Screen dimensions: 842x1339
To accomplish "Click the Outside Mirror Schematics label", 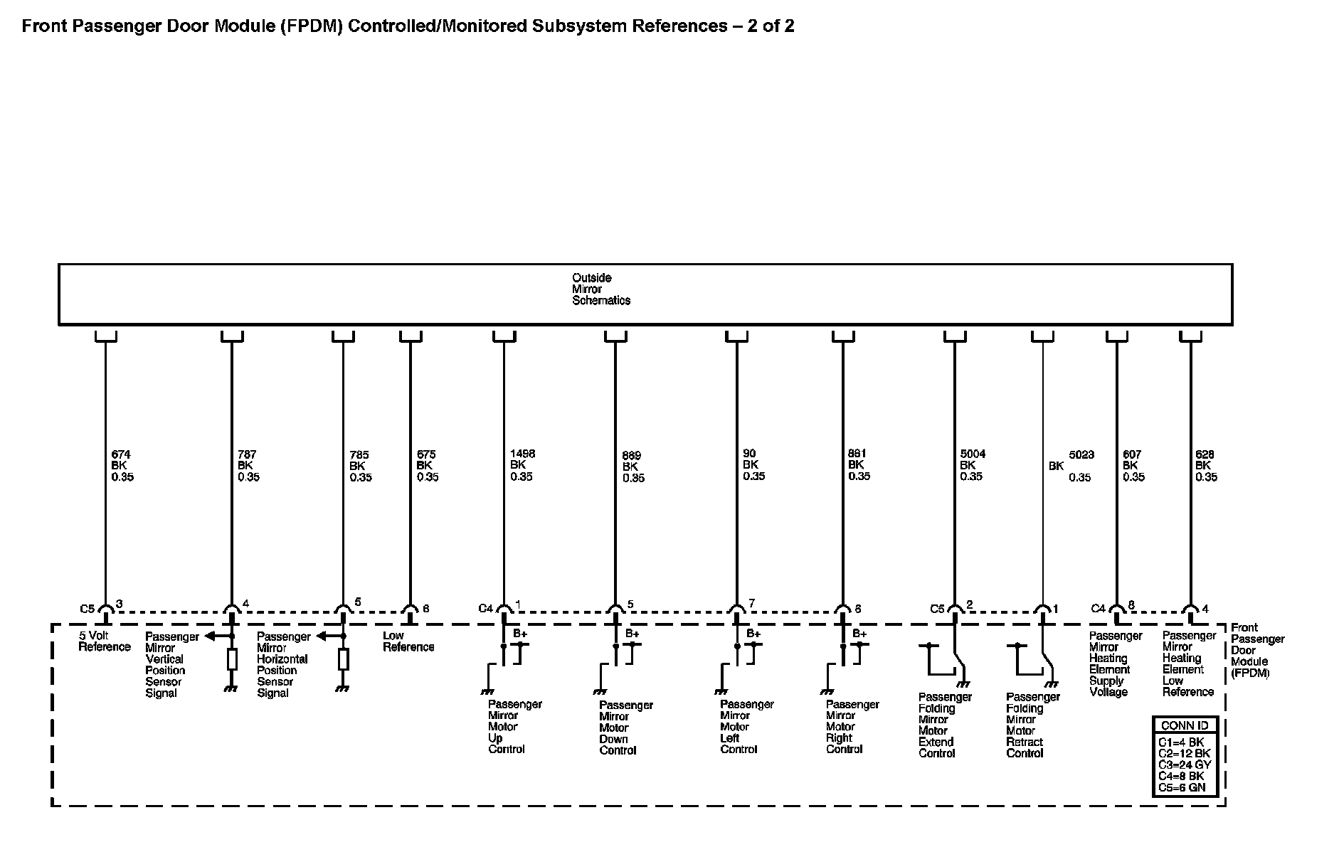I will point(600,289).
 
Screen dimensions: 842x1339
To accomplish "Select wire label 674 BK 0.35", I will point(122,466).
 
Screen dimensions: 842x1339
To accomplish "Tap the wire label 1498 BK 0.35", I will point(522,465).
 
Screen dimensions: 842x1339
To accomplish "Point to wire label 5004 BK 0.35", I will point(972,465).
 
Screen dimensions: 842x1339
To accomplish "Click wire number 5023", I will point(1081,454).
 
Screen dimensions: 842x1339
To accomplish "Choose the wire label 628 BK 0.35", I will point(1205,466).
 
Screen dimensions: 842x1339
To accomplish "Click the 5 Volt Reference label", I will point(104,641).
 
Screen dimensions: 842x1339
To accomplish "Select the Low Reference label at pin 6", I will point(408,641).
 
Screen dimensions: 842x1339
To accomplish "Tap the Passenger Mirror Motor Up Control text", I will point(514,727).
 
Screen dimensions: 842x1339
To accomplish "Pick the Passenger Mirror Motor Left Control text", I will point(746,727).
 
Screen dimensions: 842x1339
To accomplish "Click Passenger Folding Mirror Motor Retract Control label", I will point(1032,725).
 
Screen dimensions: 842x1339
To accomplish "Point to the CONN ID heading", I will point(1184,726).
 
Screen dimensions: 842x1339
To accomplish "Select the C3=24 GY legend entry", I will point(1184,765).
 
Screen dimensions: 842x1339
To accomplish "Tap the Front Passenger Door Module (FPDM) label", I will point(1257,650).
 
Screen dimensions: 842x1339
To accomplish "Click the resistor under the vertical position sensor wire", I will point(232,659).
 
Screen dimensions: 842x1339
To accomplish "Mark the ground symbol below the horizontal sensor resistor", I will point(343,688).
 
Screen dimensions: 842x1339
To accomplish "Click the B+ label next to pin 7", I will point(753,634).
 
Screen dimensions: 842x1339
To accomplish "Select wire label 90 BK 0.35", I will point(753,465).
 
